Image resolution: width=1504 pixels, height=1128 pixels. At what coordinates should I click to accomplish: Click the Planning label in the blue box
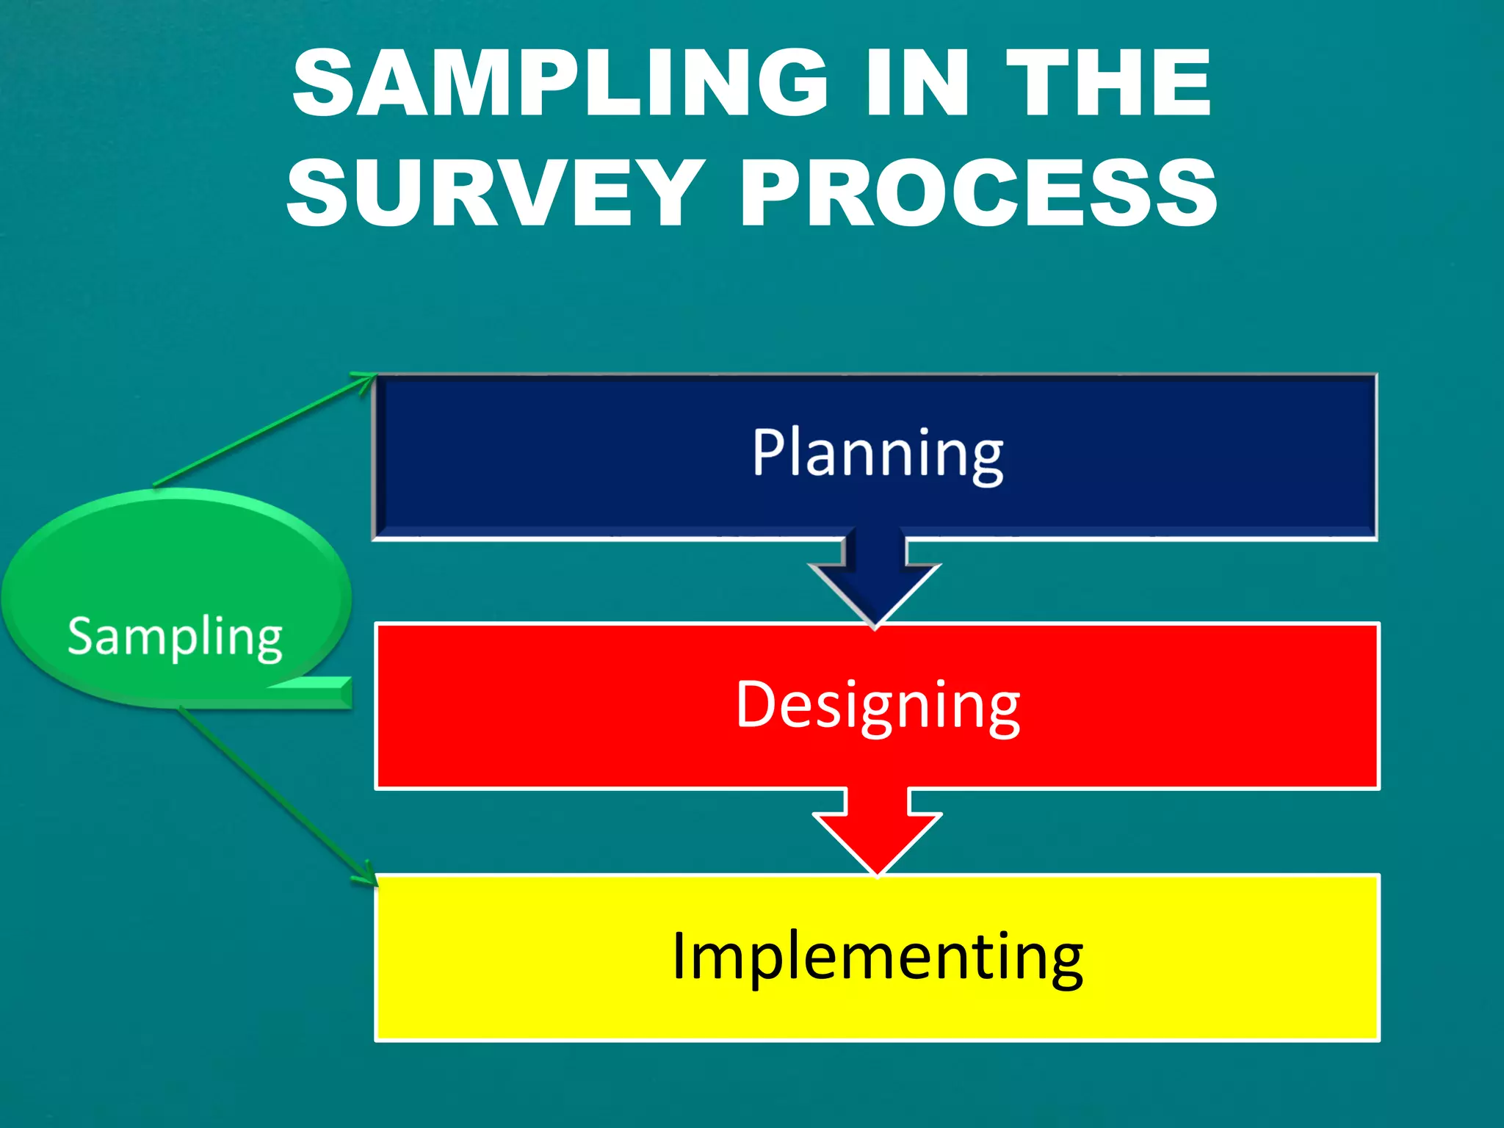point(878,454)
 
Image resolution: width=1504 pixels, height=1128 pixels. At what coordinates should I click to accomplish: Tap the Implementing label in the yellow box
point(878,956)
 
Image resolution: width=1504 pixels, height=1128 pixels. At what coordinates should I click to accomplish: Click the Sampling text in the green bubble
point(175,636)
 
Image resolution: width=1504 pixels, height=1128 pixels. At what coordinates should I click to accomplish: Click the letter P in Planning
point(767,452)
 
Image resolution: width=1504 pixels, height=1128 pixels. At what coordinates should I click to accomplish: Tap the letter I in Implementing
point(679,955)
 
